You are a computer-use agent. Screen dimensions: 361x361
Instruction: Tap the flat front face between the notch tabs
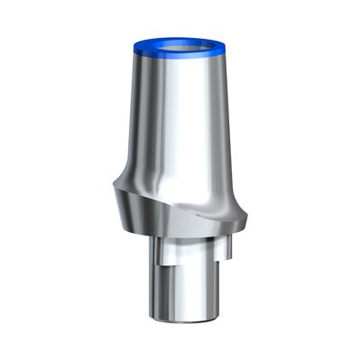tap(185, 253)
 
